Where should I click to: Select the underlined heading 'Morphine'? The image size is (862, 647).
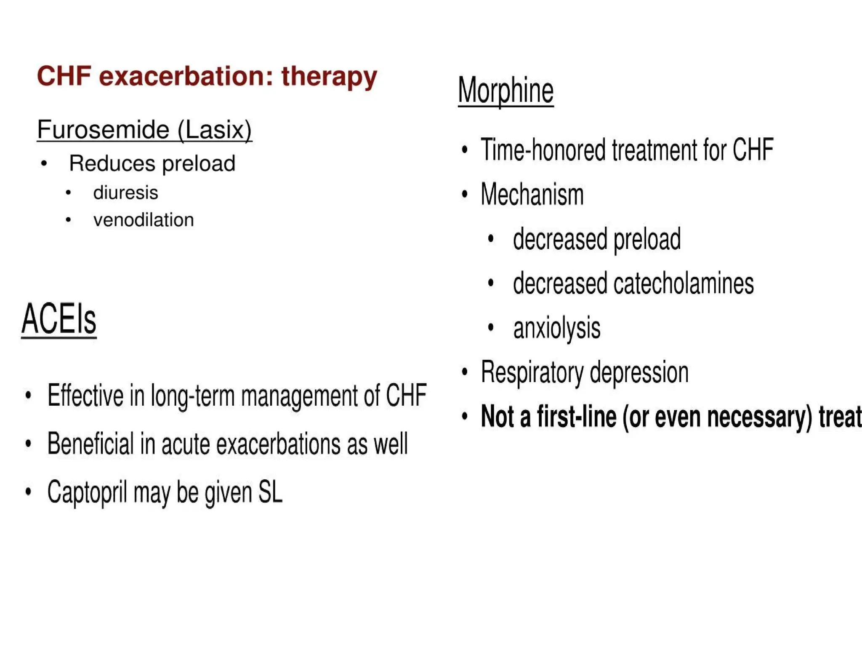505,90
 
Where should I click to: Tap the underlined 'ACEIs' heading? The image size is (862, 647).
59,319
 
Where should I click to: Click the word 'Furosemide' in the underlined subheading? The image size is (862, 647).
103,129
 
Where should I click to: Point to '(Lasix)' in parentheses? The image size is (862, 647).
214,129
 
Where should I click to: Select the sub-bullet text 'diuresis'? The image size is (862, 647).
125,193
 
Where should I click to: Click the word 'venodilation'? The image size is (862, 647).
144,220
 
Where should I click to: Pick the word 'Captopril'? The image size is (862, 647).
87,492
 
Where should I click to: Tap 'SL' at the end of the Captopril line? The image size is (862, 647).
270,492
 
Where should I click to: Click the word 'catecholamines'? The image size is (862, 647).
684,283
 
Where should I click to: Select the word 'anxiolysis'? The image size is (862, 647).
556,328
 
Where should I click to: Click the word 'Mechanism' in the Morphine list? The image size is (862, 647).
532,195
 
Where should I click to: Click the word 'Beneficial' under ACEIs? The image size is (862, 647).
90,444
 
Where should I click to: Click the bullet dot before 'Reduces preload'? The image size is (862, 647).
44,163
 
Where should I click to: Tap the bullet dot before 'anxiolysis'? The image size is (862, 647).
490,327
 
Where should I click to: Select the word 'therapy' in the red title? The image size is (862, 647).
329,77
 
